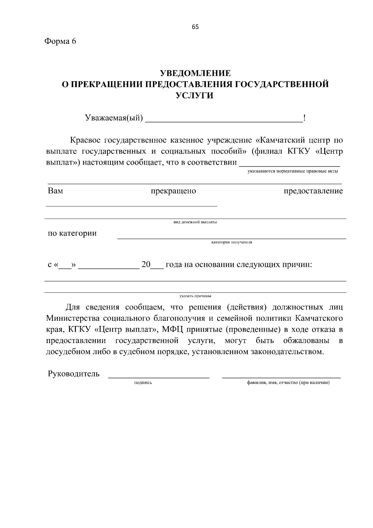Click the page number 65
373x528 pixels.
(x=195, y=27)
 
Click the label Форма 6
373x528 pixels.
(x=60, y=41)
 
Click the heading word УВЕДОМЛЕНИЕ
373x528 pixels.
(x=195, y=73)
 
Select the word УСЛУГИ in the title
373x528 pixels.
(x=195, y=96)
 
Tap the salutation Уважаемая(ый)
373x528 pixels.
(x=114, y=118)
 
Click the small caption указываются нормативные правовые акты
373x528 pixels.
(x=292, y=171)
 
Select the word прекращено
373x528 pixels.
(x=173, y=191)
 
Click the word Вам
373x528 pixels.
(x=55, y=191)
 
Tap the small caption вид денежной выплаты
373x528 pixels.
(x=195, y=222)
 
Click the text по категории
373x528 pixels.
(x=72, y=233)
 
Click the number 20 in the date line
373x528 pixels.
(x=146, y=265)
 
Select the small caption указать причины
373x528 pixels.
(x=195, y=296)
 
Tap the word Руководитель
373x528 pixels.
(x=74, y=374)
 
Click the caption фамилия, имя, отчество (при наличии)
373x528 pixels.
(x=288, y=383)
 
